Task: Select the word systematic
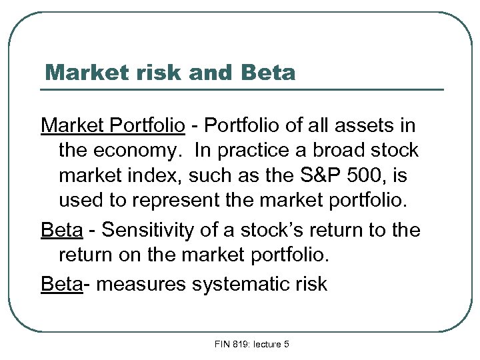point(240,284)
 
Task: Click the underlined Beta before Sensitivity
point(61,231)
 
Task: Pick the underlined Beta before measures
point(61,284)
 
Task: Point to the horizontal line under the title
point(243,89)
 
